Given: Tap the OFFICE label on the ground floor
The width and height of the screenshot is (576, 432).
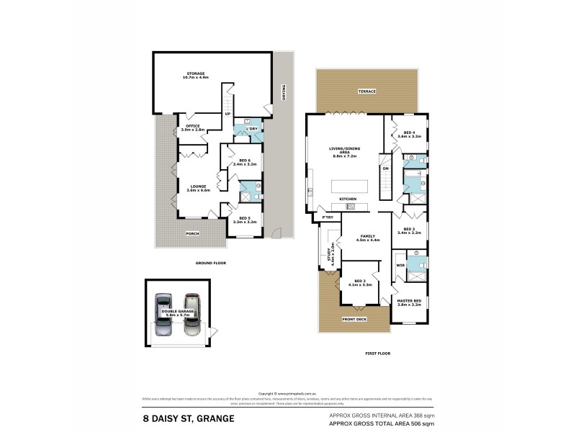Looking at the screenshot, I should tap(194, 127).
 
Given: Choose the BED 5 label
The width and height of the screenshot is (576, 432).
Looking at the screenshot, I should tap(244, 219).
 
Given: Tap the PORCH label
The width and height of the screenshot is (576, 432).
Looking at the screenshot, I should tap(193, 233).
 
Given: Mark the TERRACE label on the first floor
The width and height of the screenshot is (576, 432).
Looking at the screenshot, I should tap(367, 91).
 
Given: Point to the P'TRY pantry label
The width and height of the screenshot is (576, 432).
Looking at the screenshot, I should tap(327, 215).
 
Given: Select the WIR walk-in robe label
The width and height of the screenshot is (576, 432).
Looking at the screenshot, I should tap(400, 266).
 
